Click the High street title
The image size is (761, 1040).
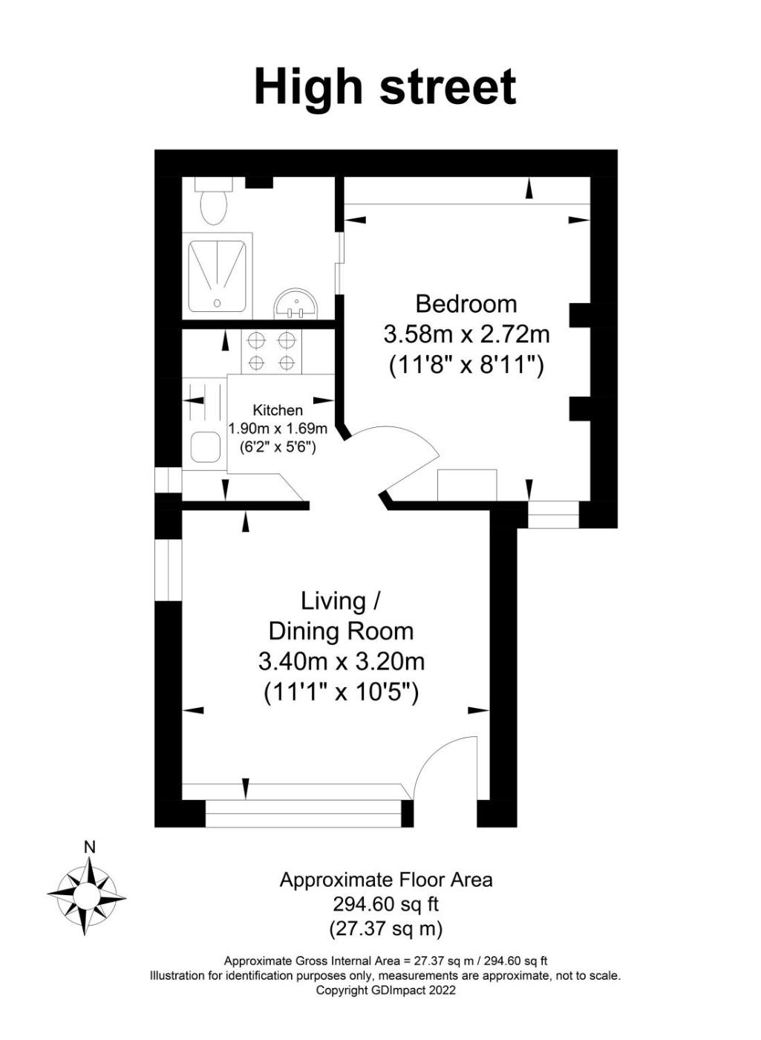tap(385, 87)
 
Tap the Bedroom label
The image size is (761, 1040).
tap(466, 305)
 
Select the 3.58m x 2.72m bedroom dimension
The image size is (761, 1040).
tap(466, 334)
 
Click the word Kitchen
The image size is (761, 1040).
tap(278, 410)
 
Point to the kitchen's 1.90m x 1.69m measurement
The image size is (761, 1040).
tap(278, 428)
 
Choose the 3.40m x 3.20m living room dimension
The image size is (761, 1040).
tap(342, 662)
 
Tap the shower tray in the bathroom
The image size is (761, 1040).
tap(217, 276)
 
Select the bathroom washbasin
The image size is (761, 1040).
tap(296, 304)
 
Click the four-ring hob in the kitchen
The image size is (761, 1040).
tap(271, 351)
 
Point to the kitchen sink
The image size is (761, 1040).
tap(206, 447)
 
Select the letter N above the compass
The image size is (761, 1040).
tap(89, 848)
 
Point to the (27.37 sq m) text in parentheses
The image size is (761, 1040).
tap(385, 929)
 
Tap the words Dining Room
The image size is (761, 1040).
tap(341, 631)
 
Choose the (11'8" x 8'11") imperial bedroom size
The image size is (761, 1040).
tap(466, 365)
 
